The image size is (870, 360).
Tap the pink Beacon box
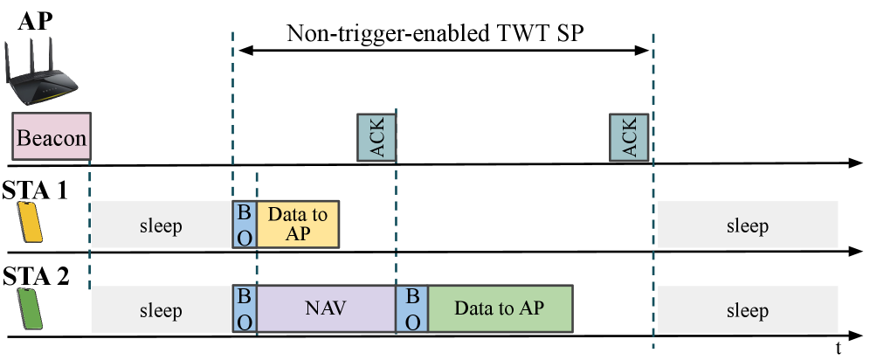click(x=52, y=136)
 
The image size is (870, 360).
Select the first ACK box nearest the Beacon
click(x=376, y=137)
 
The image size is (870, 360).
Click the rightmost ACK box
click(x=629, y=137)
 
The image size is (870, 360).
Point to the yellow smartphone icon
click(x=31, y=223)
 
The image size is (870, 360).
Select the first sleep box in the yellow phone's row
click(x=161, y=225)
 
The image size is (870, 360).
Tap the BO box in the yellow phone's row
click(x=245, y=225)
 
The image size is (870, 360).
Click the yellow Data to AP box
click(x=298, y=225)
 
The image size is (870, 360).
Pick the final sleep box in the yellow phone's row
click(x=747, y=225)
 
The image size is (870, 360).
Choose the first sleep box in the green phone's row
click(x=161, y=309)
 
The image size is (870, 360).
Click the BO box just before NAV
click(x=245, y=309)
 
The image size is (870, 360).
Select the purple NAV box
click(x=326, y=309)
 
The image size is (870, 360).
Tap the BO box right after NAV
click(x=412, y=309)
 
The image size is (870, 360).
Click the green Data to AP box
click(x=501, y=309)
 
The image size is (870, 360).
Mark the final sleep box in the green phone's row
click(x=747, y=309)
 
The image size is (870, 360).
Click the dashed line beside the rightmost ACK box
click(x=653, y=87)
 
